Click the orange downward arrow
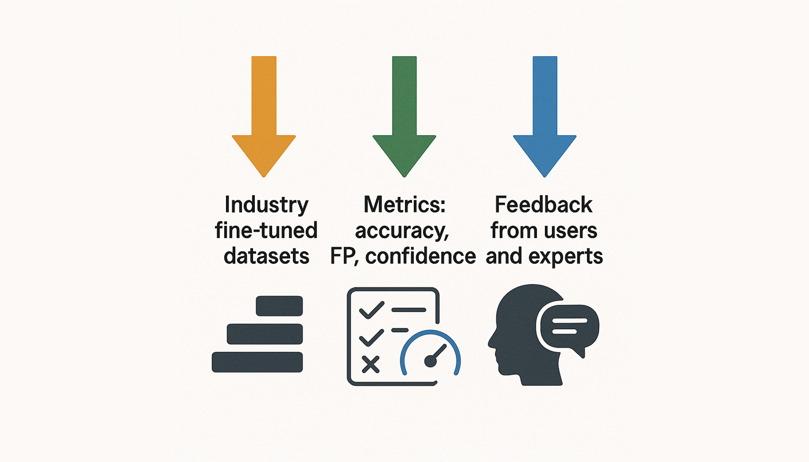pyautogui.click(x=264, y=115)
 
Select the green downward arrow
pyautogui.click(x=404, y=115)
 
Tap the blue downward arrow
pyautogui.click(x=544, y=115)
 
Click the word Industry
pyautogui.click(x=266, y=206)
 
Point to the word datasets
pyautogui.click(x=266, y=256)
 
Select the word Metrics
pyautogui.click(x=402, y=204)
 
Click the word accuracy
pyautogui.click(x=402, y=232)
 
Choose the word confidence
pyautogui.click(x=421, y=256)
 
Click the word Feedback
pyautogui.click(x=544, y=204)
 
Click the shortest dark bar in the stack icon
pyautogui.click(x=279, y=305)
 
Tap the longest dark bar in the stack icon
pyautogui.click(x=257, y=362)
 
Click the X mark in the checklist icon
pyautogui.click(x=370, y=364)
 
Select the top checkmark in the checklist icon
pyautogui.click(x=372, y=310)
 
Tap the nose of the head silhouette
pyautogui.click(x=491, y=342)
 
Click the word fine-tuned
pyautogui.click(x=266, y=230)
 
